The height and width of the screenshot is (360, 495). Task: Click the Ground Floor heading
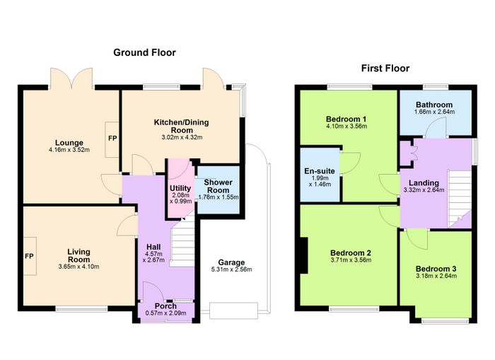click(x=144, y=52)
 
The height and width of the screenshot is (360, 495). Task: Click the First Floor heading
click(x=385, y=68)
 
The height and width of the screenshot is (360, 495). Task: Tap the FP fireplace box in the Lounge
click(x=112, y=139)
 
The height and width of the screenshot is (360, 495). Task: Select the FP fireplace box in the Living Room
click(x=30, y=256)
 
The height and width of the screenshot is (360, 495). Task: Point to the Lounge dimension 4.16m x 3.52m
click(x=69, y=150)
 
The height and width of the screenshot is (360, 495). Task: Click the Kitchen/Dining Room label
click(x=182, y=126)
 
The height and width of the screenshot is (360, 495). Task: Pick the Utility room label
click(x=180, y=188)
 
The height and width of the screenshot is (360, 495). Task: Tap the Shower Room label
click(x=218, y=186)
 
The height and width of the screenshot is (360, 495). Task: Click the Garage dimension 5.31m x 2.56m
click(x=231, y=269)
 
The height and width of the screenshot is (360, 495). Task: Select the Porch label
click(x=165, y=306)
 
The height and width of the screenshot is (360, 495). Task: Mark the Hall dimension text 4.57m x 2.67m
click(x=153, y=257)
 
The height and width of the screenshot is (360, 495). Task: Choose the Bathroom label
click(x=434, y=105)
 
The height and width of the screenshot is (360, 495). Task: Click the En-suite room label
click(x=320, y=171)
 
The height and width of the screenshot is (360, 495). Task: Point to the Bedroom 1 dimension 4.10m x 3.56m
click(x=346, y=127)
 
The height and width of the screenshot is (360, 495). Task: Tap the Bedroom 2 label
click(x=351, y=253)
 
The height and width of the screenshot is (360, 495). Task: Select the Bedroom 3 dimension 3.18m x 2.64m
click(x=436, y=276)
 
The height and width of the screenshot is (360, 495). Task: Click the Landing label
click(x=424, y=183)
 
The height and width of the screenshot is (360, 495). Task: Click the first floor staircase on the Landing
click(x=460, y=199)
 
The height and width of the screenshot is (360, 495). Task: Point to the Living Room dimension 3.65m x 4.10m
click(x=79, y=267)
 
